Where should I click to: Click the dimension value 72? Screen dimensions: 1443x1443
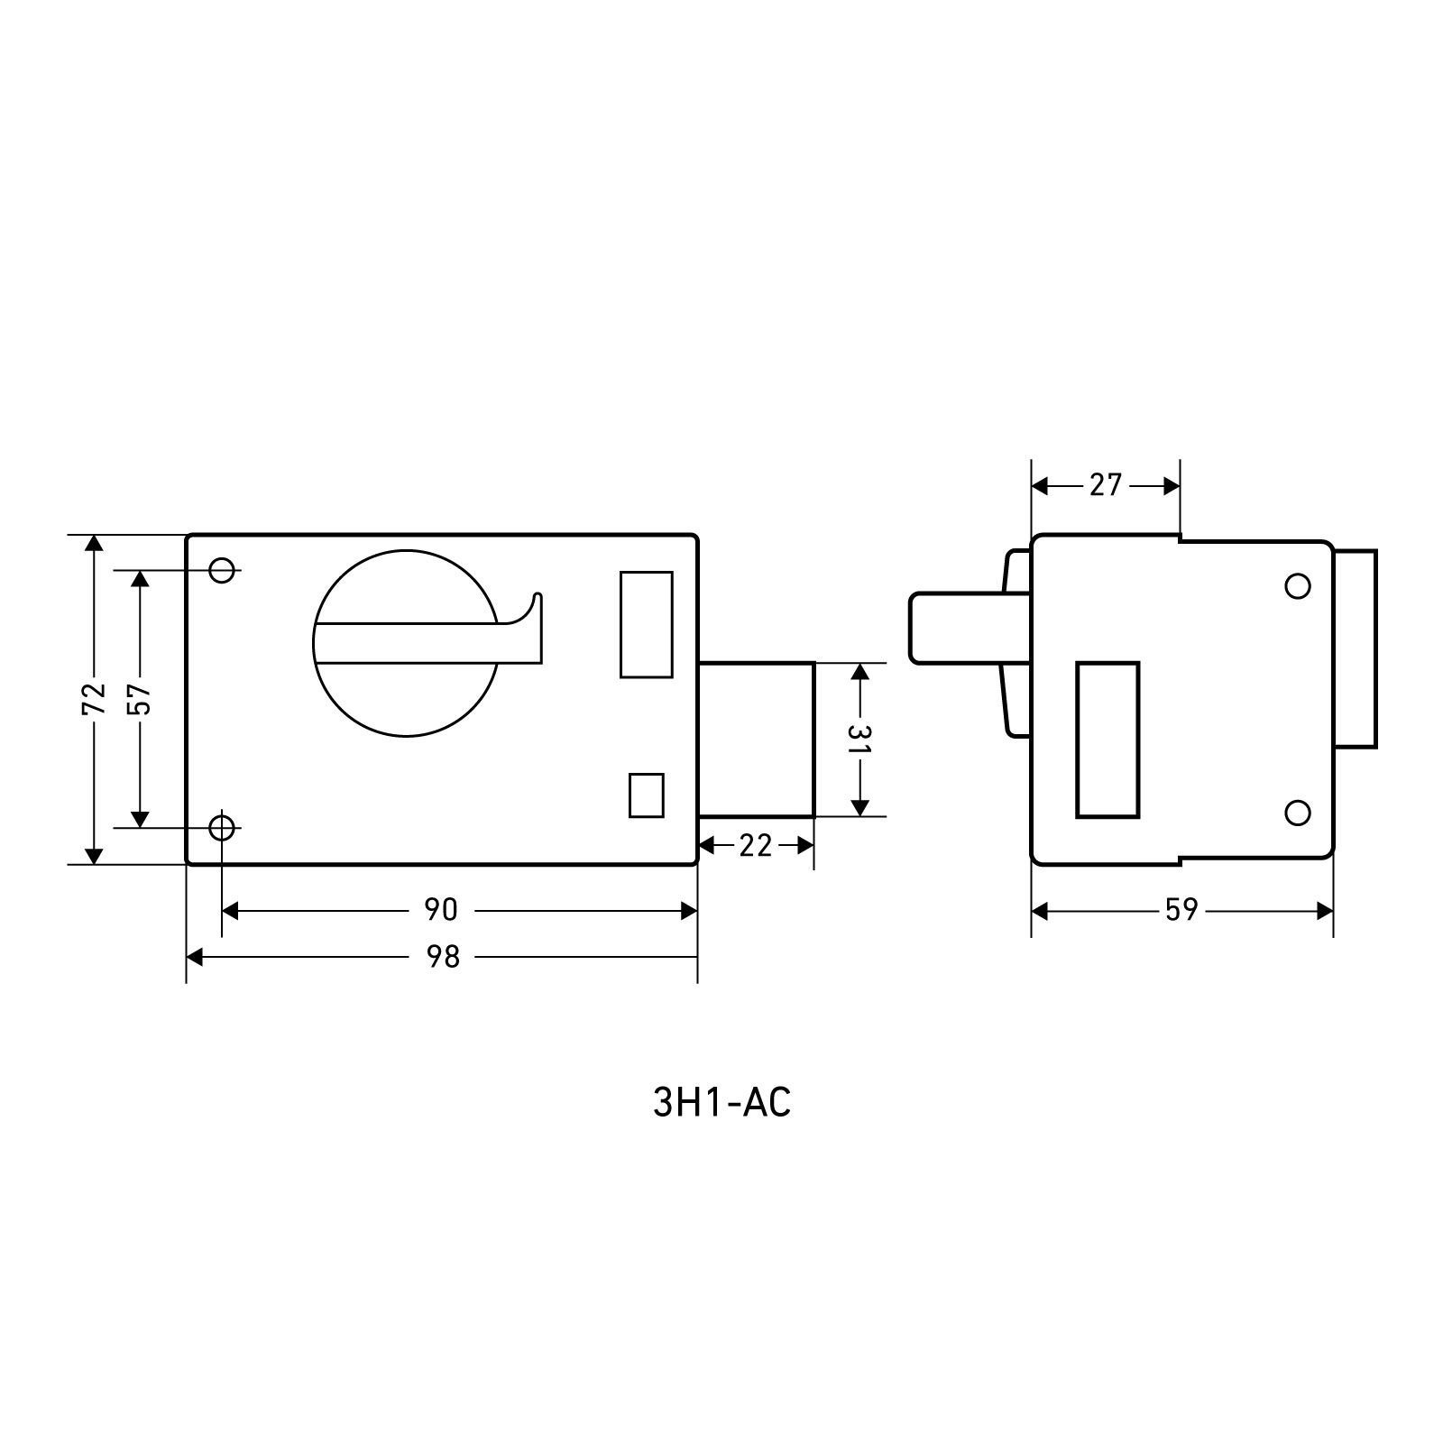pos(93,700)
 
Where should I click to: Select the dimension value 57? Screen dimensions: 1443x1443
pos(140,698)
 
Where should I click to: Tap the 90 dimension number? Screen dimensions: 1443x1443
pos(441,911)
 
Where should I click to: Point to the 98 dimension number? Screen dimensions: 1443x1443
pos(442,957)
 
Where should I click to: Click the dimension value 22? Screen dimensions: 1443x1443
pos(756,846)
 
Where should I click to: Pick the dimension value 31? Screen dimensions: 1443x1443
pos(860,740)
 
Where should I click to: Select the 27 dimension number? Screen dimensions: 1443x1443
pos(1105,486)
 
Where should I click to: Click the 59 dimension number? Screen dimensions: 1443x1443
pos(1181,911)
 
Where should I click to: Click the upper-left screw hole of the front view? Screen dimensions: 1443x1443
pos(222,570)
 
